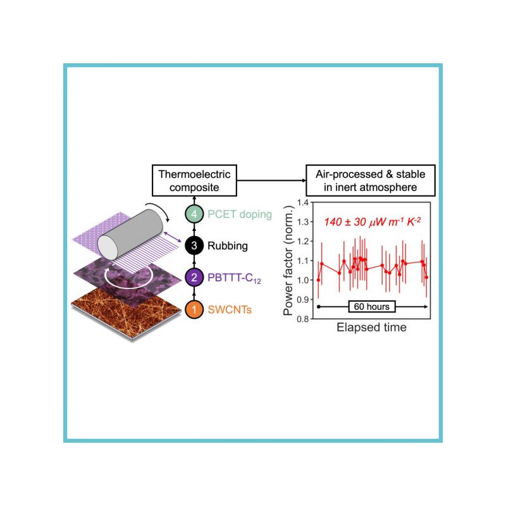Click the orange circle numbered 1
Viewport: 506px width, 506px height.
(194, 309)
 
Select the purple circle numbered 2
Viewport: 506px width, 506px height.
(194, 277)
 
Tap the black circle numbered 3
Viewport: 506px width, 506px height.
(194, 245)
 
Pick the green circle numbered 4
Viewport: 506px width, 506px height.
(194, 214)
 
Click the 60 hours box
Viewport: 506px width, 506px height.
(372, 306)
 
